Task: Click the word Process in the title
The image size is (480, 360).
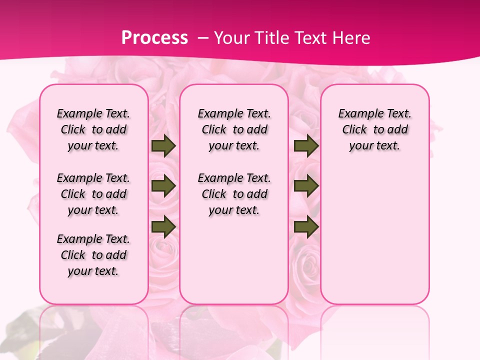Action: tap(154, 38)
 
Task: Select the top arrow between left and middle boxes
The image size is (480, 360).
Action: tap(163, 146)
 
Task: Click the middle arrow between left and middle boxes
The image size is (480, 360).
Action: tap(163, 186)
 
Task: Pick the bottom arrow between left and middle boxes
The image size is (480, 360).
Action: tap(163, 226)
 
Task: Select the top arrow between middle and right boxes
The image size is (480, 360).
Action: tap(306, 146)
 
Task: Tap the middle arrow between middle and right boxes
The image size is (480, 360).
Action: tap(306, 186)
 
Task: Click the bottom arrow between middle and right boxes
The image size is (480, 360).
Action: tap(306, 226)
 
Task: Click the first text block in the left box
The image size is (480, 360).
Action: tap(93, 129)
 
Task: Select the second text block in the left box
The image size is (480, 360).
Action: tap(93, 194)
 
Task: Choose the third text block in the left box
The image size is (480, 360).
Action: tap(93, 255)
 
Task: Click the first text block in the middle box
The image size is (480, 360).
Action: tap(234, 129)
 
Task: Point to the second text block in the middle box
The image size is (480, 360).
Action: tap(234, 194)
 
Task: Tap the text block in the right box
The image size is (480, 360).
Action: tap(375, 129)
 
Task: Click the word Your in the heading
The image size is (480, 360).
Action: tap(230, 38)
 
